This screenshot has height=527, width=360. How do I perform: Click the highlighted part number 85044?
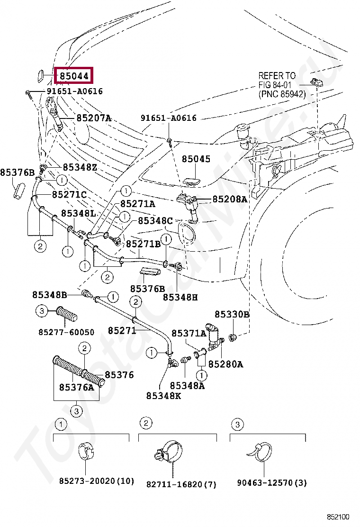[x=74, y=75]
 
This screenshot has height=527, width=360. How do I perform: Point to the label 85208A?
[x=229, y=200]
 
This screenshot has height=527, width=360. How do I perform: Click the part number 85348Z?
[x=80, y=167]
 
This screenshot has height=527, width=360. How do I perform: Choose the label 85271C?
[x=69, y=194]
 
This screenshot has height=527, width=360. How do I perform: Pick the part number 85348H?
[x=180, y=297]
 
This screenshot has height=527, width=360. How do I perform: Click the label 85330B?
[x=232, y=315]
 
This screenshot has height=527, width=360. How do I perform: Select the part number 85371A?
[x=189, y=334]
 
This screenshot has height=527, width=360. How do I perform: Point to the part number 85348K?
[x=163, y=396]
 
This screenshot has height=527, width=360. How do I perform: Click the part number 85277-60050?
[x=66, y=332]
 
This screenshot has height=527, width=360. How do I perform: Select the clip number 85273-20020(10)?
[x=97, y=482]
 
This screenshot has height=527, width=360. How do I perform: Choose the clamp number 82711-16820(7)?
[x=181, y=484]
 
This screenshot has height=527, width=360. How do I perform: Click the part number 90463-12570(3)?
[x=272, y=483]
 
